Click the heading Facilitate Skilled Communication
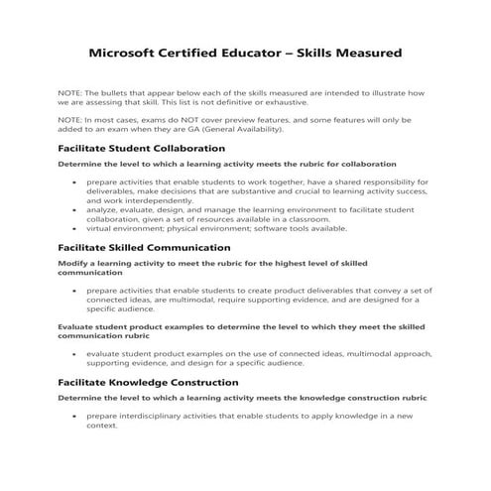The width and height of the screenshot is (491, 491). coord(145,247)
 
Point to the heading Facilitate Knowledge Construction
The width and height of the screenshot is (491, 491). coord(148,382)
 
